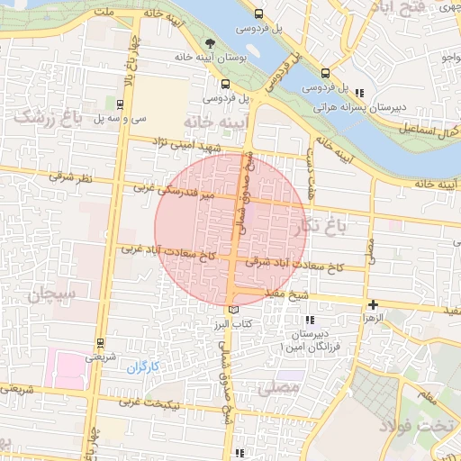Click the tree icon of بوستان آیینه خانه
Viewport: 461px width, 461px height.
211,42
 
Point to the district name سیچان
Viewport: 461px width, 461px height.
53,294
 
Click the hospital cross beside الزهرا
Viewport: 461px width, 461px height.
373,304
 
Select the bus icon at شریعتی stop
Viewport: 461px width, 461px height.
99,343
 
